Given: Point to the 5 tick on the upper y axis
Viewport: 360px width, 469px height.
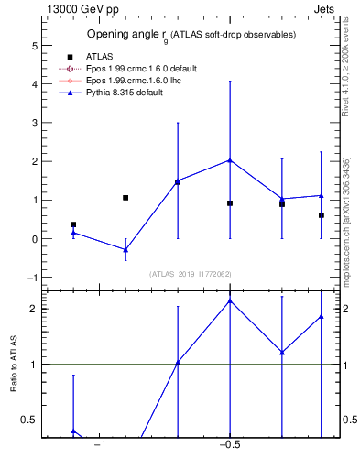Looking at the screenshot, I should (x=34, y=45).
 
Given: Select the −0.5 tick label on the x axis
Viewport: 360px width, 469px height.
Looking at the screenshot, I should (x=229, y=445).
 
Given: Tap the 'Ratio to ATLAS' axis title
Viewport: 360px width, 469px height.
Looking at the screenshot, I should (x=14, y=364).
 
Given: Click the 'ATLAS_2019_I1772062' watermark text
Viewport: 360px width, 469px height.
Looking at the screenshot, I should (x=191, y=274).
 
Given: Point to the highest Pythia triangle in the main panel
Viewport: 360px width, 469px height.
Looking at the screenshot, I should (x=230, y=160).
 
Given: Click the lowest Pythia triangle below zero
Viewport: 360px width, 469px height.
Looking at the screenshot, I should (x=125, y=249).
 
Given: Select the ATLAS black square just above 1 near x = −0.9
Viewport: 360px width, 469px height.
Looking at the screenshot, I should (x=125, y=198).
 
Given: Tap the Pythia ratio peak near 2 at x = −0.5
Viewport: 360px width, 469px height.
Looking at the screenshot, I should (x=230, y=300).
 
